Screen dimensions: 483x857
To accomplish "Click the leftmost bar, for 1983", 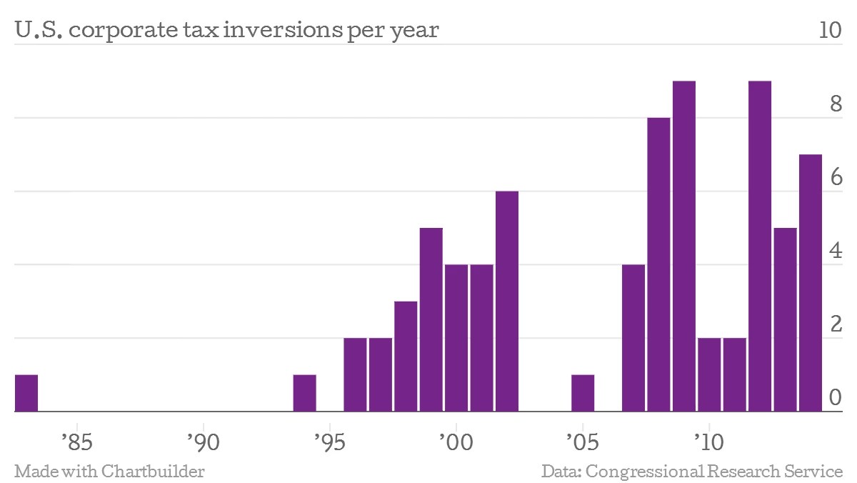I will pyautogui.click(x=26, y=393).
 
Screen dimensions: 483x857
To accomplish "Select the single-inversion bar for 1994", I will pyautogui.click(x=305, y=393).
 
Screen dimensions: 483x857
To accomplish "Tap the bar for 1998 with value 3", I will pyautogui.click(x=406, y=357).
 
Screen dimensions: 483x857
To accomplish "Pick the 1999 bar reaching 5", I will pyautogui.click(x=431, y=319).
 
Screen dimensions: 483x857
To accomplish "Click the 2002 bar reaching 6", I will pyautogui.click(x=507, y=302).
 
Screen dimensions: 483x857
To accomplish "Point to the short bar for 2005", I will pyautogui.click(x=583, y=393).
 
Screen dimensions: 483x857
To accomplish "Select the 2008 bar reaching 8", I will pyautogui.click(x=658, y=264).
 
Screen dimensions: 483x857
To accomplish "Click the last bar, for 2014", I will pyautogui.click(x=811, y=283).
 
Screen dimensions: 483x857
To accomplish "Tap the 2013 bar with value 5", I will pyautogui.click(x=785, y=319).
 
